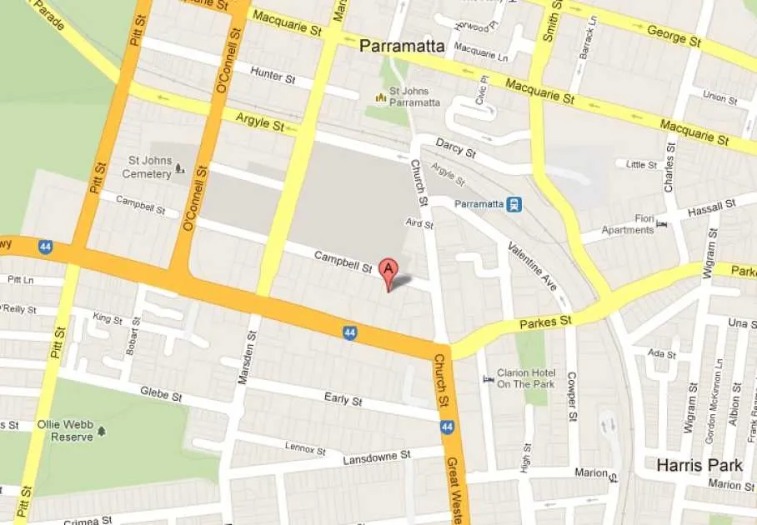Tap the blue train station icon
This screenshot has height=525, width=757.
click(x=515, y=203)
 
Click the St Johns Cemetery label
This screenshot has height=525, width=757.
click(x=147, y=167)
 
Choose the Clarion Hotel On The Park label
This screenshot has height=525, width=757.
click(x=525, y=378)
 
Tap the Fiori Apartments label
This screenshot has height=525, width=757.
click(x=628, y=225)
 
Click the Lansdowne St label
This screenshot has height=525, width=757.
click(x=378, y=457)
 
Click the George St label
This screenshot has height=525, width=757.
click(x=674, y=37)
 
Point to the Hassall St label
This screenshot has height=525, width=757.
click(x=712, y=207)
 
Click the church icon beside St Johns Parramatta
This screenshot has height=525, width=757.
click(x=381, y=97)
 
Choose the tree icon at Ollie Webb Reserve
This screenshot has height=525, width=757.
click(x=102, y=431)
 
